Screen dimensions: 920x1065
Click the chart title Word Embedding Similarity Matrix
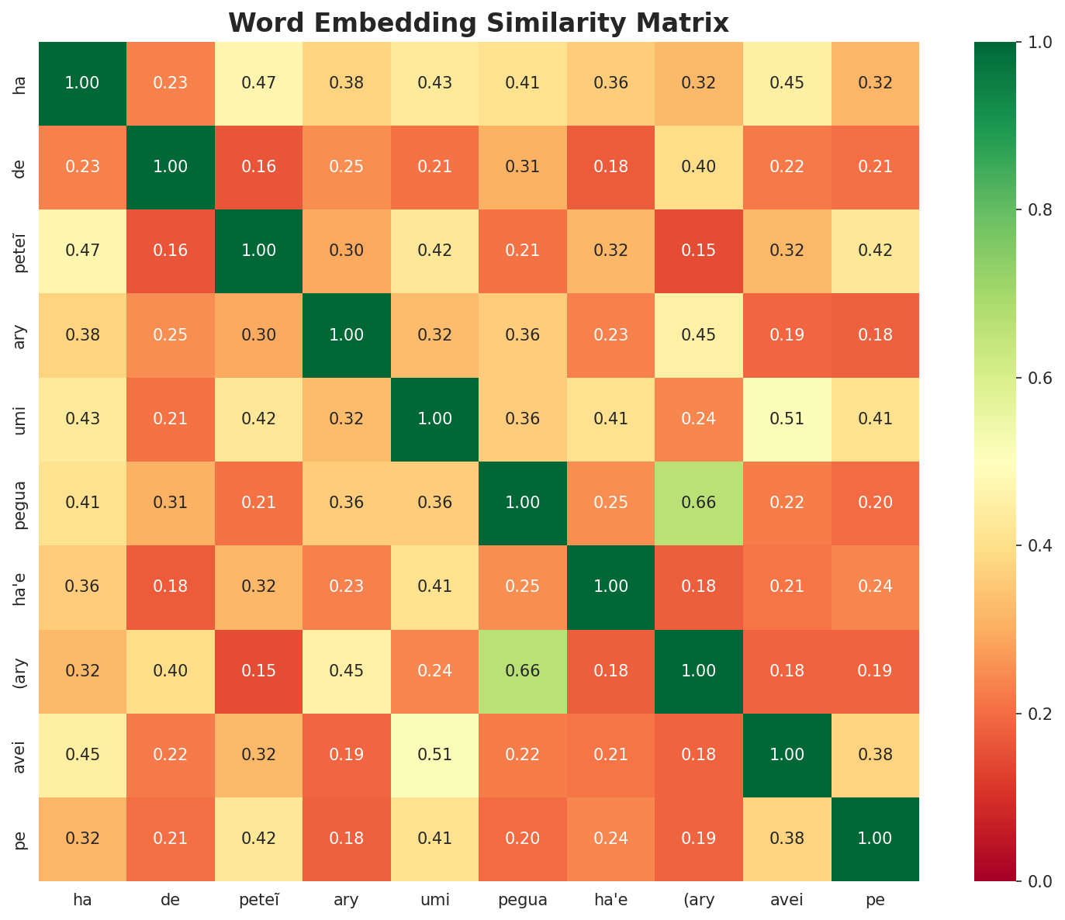click(x=479, y=23)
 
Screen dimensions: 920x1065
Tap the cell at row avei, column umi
click(x=434, y=755)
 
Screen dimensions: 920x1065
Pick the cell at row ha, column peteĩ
click(x=258, y=83)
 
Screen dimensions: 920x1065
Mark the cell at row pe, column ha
click(x=82, y=839)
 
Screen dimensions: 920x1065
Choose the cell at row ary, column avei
click(x=787, y=335)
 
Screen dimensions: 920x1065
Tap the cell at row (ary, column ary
click(x=347, y=671)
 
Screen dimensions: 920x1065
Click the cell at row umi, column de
click(x=171, y=419)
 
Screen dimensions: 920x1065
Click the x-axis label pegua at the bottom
click(x=523, y=901)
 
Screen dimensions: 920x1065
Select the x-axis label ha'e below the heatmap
click(x=610, y=901)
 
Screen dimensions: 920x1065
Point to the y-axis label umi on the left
click(x=21, y=419)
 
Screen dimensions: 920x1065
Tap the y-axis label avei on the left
click(x=21, y=755)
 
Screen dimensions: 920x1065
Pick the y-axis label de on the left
click(x=21, y=167)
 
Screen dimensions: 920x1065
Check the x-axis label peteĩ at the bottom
click(x=258, y=901)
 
